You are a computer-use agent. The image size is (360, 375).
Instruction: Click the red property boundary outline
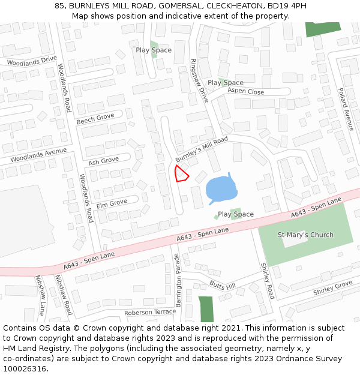click(x=181, y=173)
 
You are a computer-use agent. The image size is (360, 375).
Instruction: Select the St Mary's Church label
click(x=305, y=235)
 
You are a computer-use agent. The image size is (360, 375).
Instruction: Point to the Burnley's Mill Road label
click(x=202, y=149)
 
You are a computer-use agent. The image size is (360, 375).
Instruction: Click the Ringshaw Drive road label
click(x=199, y=80)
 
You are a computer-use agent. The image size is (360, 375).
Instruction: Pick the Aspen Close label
click(x=245, y=92)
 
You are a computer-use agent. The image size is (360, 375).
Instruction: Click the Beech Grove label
click(x=95, y=119)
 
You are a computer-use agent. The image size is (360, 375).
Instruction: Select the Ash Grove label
click(x=103, y=161)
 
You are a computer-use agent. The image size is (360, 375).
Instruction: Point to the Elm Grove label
click(x=112, y=203)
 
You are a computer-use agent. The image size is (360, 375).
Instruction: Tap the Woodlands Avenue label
click(x=38, y=155)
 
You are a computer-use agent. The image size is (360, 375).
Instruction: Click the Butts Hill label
click(x=222, y=286)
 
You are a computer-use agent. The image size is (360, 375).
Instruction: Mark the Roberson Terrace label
click(x=150, y=313)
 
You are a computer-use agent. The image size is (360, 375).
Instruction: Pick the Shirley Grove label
click(x=332, y=288)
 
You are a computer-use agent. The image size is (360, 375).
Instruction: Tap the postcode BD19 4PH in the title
click(x=285, y=5)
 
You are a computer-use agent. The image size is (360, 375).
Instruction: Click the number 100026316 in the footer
click(x=25, y=369)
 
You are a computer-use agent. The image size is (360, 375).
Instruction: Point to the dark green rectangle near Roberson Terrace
click(x=206, y=308)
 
